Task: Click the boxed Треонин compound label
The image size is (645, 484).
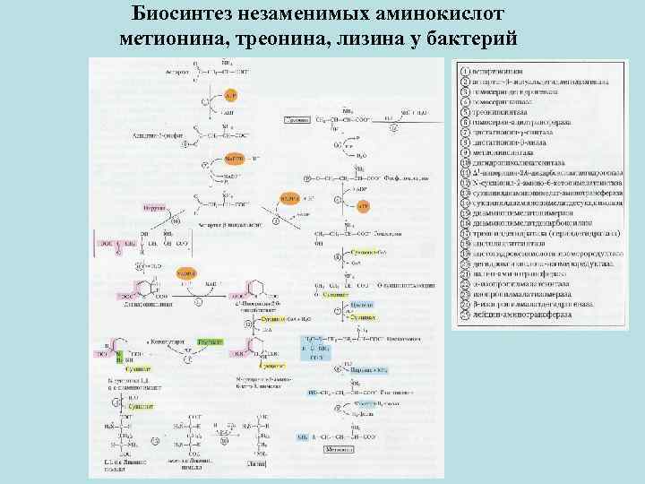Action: point(297,119)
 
